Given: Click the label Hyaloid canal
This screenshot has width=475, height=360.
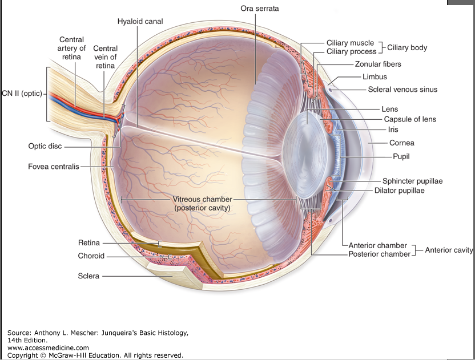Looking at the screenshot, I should (140, 22).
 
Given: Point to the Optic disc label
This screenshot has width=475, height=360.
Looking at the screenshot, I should (45, 146).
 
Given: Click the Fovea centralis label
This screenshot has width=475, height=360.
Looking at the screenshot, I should (54, 167).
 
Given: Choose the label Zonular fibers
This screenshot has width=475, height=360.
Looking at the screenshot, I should (378, 64).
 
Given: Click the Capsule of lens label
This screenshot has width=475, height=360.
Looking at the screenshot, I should (410, 119).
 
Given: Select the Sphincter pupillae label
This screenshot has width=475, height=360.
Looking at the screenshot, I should (412, 181).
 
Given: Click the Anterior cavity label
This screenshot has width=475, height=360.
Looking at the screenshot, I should (449, 250).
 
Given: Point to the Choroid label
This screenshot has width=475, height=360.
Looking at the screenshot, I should (91, 256).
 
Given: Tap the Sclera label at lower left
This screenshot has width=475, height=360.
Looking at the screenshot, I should (88, 276).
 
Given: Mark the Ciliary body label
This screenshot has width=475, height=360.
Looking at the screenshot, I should (407, 47).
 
